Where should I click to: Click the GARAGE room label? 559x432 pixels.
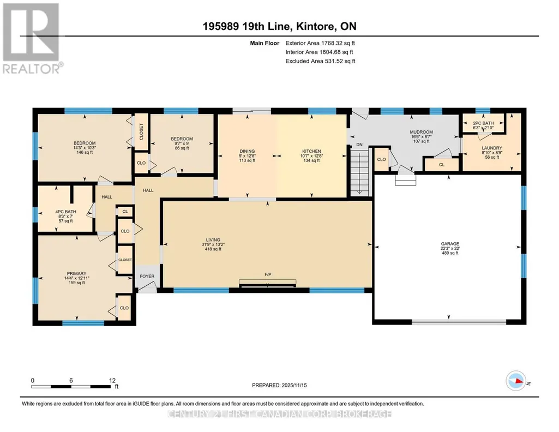click(450, 244)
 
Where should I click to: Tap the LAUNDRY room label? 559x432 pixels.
click(492, 148)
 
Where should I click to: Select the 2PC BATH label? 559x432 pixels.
click(483, 123)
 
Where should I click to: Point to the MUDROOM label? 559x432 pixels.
click(422, 132)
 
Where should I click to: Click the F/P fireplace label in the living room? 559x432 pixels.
click(268, 274)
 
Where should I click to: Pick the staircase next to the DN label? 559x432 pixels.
click(360, 172)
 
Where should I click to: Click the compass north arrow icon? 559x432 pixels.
click(516, 381)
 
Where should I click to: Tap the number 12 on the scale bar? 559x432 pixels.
click(112, 380)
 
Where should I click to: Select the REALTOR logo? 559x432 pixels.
click(32, 38)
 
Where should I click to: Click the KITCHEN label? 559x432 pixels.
click(311, 151)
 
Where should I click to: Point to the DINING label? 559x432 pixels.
click(247, 151)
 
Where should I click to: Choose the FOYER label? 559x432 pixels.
click(147, 276)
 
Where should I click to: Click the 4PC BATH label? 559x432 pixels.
click(65, 212)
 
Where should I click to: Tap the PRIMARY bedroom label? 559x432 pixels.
click(77, 274)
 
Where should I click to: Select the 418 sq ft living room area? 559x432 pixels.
click(213, 249)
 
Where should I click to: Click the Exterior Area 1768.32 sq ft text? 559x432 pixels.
click(320, 43)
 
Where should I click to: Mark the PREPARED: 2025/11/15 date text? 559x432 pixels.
click(279, 385)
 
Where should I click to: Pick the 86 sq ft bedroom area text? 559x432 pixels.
click(182, 148)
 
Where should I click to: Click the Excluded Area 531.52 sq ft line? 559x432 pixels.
click(321, 61)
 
